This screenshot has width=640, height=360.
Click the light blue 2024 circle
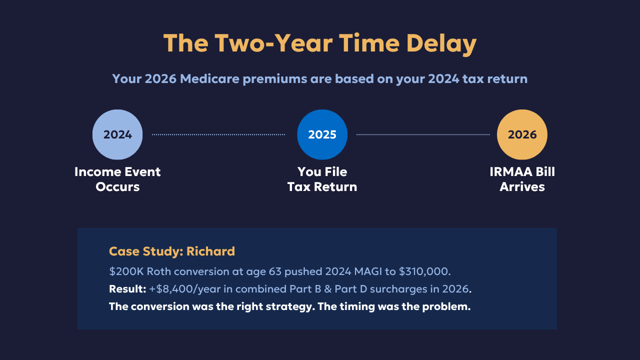click(x=117, y=134)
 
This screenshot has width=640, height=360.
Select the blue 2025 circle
click(x=322, y=134)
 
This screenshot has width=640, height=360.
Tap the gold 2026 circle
click(x=522, y=134)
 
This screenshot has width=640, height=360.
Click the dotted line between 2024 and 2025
click(x=218, y=134)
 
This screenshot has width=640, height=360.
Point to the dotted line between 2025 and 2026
click(x=423, y=134)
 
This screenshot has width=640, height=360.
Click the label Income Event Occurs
click(x=117, y=179)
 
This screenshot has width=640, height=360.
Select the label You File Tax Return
click(x=322, y=179)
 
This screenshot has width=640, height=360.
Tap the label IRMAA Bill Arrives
click(x=522, y=179)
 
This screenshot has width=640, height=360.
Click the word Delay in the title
click(x=441, y=44)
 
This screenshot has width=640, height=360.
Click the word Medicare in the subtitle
click(x=209, y=78)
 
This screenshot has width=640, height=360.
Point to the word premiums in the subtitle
click(x=275, y=79)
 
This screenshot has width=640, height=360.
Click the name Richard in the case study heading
click(x=210, y=251)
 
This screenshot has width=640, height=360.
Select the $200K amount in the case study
click(x=126, y=271)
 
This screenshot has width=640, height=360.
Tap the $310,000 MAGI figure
click(x=424, y=271)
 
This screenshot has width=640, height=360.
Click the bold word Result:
click(x=127, y=289)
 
